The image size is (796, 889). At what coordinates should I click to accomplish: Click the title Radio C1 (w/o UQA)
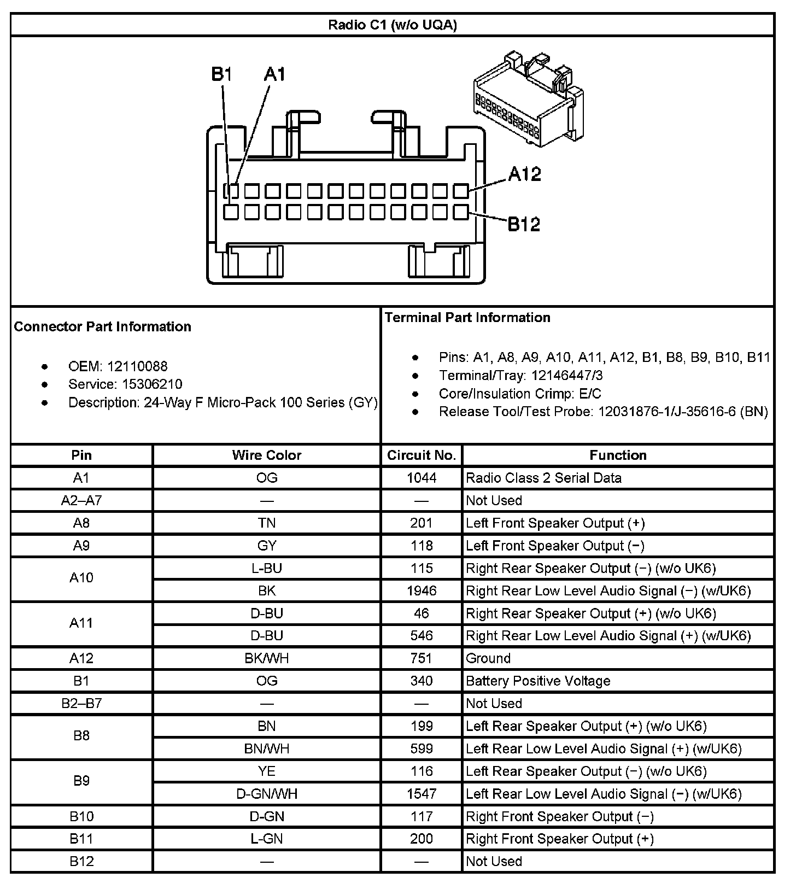tap(392, 25)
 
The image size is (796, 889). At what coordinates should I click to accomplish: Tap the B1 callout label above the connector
tap(222, 74)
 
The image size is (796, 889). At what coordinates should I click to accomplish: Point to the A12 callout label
tap(524, 174)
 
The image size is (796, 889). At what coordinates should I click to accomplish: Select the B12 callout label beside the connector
tap(524, 224)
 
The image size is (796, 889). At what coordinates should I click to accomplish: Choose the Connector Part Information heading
tap(103, 326)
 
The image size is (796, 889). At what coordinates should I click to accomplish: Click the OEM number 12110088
tap(137, 366)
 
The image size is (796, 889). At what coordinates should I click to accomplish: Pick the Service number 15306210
tap(152, 384)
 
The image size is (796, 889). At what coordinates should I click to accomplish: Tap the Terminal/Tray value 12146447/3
tap(556, 375)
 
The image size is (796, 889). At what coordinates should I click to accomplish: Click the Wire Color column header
tap(267, 455)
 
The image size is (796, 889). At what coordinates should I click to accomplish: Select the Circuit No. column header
tap(422, 455)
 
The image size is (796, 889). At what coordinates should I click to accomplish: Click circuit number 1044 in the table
tap(422, 478)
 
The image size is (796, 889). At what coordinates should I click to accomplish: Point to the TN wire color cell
tap(267, 523)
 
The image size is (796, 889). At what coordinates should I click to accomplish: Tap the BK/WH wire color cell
tap(267, 658)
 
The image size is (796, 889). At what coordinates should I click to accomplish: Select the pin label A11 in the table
tap(81, 623)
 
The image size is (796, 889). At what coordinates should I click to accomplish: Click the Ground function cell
tap(488, 658)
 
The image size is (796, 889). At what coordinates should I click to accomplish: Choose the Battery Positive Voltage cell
tap(538, 681)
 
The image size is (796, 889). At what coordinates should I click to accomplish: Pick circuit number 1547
tap(422, 794)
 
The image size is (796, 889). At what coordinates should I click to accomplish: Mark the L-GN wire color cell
tap(267, 839)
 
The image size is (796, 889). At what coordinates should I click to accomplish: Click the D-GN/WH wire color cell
tap(267, 794)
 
